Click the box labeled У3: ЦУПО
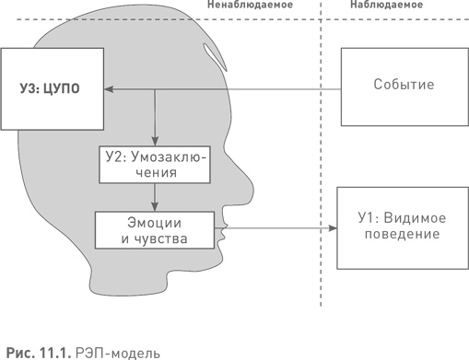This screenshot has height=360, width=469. click(50, 89)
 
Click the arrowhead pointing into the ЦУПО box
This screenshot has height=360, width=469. click(107, 89)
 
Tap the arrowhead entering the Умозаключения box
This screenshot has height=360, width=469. click(154, 141)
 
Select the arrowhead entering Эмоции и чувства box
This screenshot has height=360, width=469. click(154, 208)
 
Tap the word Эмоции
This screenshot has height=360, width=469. click(154, 222)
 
